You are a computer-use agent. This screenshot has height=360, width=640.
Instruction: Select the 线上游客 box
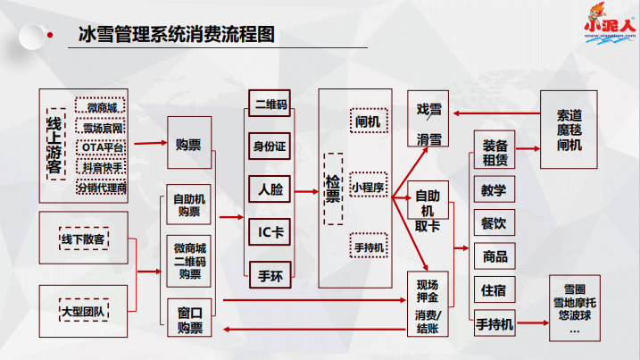point(54,144)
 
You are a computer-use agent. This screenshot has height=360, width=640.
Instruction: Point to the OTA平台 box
point(103,147)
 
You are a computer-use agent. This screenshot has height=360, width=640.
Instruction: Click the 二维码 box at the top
point(270,104)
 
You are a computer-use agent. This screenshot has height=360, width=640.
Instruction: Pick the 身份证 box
point(270,146)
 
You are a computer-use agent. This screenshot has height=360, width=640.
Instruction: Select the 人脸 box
point(270,188)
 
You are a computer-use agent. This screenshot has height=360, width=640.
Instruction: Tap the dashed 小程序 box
point(368,188)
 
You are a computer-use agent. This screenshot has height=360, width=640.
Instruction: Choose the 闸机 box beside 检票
point(368,121)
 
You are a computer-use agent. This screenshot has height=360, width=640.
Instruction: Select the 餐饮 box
point(495,223)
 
